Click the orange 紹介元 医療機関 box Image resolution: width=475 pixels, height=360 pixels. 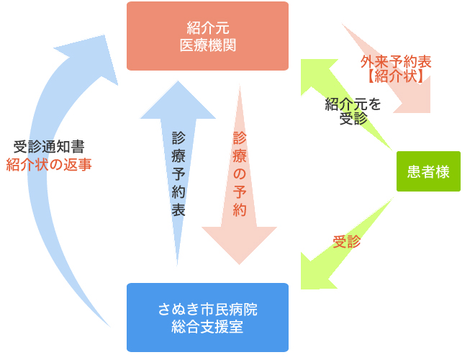pos(207,36)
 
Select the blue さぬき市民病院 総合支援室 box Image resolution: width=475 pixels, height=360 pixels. pos(207,318)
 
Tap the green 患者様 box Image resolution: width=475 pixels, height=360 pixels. pos(428,171)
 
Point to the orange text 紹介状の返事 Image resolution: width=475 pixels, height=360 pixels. pos(49,164)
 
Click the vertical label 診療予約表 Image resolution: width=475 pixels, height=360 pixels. pos(178,174)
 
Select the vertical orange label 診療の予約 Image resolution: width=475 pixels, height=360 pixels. pos(240,174)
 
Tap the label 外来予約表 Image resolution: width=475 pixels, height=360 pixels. pos(396,62)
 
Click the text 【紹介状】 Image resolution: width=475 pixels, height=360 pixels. pos(396,76)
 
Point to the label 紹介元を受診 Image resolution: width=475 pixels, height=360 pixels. pos(353,111)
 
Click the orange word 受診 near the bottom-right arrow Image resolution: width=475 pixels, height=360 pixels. pos(346,242)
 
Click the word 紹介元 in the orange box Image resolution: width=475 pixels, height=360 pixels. pos(207,29)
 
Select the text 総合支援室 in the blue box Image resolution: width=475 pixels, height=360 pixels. pos(207,327)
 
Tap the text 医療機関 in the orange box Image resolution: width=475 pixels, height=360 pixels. pos(207,45)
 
